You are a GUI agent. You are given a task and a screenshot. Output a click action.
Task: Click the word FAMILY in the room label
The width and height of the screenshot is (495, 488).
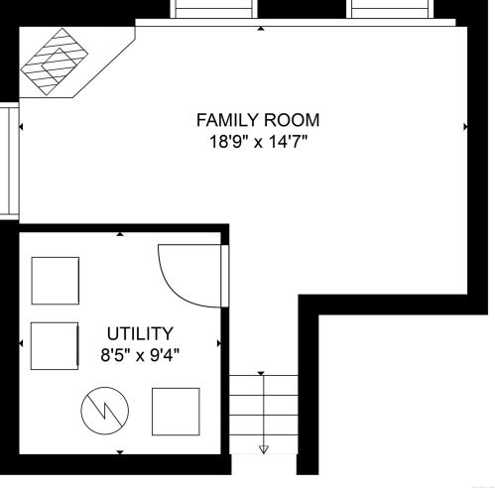click(227, 120)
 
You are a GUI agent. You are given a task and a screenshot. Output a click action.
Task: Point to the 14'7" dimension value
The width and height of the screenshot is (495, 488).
click(288, 142)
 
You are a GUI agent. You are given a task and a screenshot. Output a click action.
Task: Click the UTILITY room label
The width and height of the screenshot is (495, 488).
click(140, 333)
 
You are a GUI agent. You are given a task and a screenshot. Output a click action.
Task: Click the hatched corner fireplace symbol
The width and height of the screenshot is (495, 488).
click(55, 61)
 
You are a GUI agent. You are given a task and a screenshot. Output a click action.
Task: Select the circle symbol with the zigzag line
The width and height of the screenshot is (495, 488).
click(105, 411)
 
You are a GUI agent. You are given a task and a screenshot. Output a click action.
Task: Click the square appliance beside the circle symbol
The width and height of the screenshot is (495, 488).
click(176, 412)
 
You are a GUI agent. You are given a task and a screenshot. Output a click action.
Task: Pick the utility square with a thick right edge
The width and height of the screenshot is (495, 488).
click(55, 346)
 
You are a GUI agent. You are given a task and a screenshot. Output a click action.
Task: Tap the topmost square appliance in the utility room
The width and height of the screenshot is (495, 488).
click(56, 281)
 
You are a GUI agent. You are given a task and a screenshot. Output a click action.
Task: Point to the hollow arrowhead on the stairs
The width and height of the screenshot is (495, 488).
click(264, 449)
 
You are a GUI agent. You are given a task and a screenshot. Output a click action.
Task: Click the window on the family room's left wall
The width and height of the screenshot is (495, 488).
click(10, 161)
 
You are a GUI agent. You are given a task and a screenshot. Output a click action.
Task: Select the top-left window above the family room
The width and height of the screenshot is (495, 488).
click(213, 9)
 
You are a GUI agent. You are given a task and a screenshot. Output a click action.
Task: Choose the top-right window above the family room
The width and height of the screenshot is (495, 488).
click(390, 9)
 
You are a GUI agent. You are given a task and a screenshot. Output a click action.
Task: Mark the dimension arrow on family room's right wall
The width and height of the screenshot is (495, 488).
click(465, 126)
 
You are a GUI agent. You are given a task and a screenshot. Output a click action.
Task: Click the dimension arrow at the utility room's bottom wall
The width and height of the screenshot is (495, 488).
click(120, 452)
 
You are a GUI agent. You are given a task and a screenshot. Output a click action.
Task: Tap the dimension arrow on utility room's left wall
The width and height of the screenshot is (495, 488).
click(21, 343)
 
